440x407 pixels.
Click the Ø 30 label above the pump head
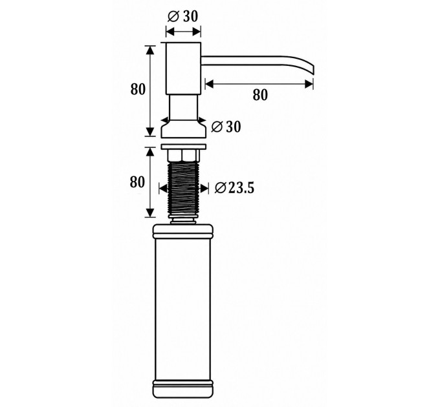(182, 17)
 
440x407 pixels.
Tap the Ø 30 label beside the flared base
(226, 127)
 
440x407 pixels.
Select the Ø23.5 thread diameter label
(234, 188)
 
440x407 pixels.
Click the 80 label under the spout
(260, 95)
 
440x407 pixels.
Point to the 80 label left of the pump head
(138, 89)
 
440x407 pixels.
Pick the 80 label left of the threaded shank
(137, 182)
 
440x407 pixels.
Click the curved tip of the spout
(311, 70)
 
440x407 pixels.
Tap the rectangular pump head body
(184, 68)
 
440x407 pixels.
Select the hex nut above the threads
(183, 156)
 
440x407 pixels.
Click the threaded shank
(183, 189)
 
